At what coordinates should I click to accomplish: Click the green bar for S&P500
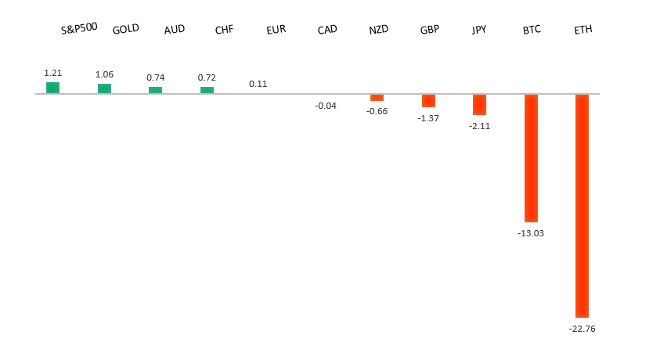52,88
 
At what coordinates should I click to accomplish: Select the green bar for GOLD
104,88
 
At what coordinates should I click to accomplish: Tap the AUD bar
155,90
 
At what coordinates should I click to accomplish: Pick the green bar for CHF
207,90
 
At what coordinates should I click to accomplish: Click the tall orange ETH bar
582,205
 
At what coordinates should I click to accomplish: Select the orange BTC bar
531,158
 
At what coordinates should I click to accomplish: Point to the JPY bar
479,105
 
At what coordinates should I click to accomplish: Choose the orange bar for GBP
428,101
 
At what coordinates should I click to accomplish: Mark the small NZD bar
377,98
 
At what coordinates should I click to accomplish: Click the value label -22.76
582,329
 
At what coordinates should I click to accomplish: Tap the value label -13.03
531,233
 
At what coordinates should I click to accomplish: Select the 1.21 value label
52,73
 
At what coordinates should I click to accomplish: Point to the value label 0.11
258,84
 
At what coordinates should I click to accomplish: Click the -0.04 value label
326,106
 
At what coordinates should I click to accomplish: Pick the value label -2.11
479,126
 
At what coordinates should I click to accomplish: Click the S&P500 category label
79,28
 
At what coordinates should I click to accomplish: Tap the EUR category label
276,30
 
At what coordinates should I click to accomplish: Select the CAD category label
327,30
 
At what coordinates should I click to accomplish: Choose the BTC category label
532,31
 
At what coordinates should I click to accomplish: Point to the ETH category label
583,31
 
